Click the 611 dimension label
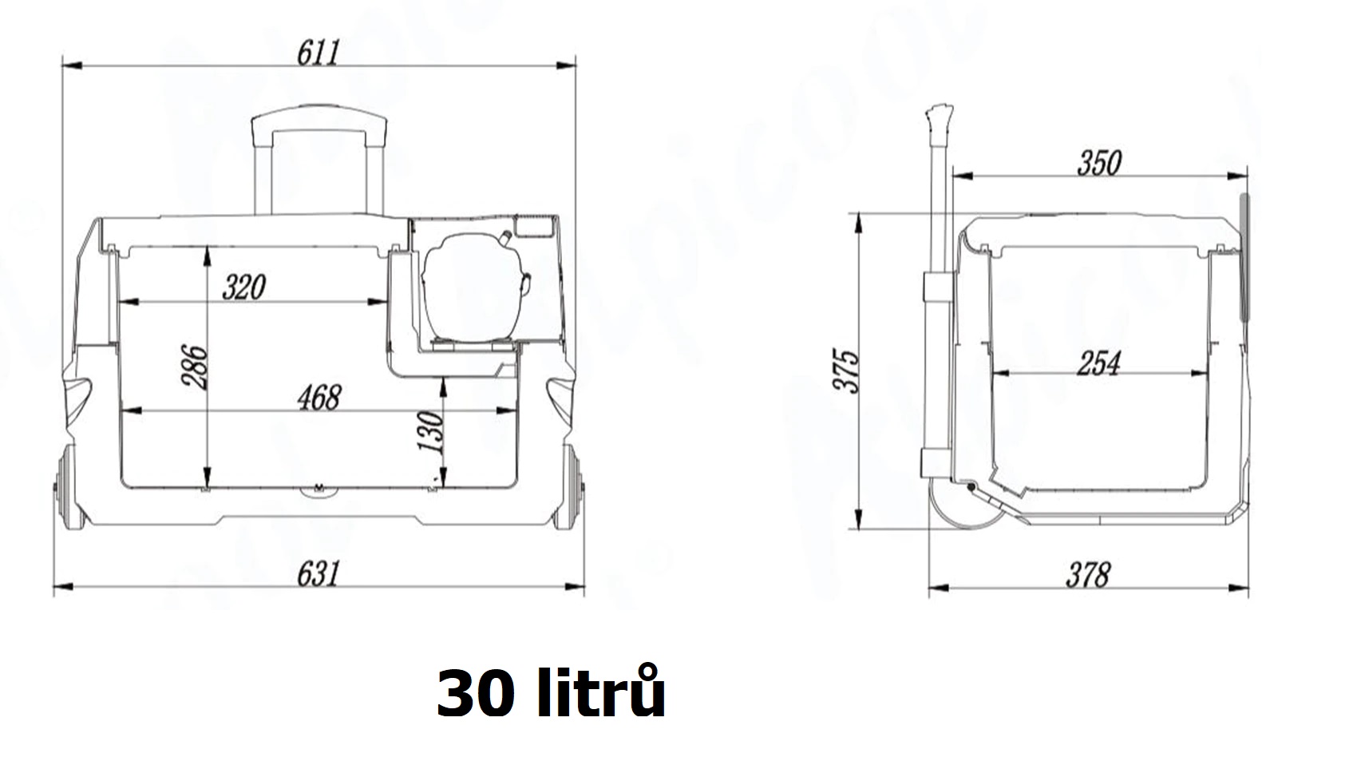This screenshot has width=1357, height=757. pyautogui.click(x=318, y=53)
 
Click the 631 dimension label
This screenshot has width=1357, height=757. pyautogui.click(x=318, y=573)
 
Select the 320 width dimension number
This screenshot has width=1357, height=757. pyautogui.click(x=243, y=287)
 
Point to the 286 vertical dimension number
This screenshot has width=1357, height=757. pyautogui.click(x=196, y=367)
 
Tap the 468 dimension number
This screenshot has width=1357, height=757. pyautogui.click(x=318, y=397)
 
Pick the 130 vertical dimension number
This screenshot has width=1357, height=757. pyautogui.click(x=431, y=432)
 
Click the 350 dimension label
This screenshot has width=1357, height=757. pyautogui.click(x=1099, y=163)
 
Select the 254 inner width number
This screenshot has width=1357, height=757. pyautogui.click(x=1099, y=363)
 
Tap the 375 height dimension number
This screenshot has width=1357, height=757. pyautogui.click(x=848, y=370)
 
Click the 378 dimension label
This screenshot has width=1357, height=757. pyautogui.click(x=1088, y=574)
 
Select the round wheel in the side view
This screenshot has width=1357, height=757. pyautogui.click(x=963, y=506)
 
